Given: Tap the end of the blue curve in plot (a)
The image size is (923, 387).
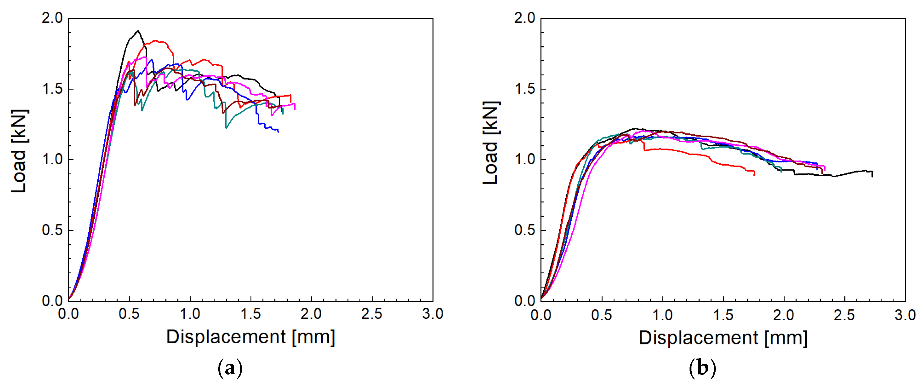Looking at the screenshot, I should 278,132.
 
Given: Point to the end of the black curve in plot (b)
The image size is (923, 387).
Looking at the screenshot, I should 872,175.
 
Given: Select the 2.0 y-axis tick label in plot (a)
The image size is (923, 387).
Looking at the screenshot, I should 52,18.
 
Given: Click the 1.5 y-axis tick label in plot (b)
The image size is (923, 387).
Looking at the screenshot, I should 525,89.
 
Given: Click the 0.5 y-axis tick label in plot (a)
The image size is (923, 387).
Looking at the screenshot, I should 52,230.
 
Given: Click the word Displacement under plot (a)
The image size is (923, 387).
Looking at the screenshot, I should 226,337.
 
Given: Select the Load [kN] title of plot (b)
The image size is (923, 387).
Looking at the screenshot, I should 491,143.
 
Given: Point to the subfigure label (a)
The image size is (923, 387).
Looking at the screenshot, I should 230,368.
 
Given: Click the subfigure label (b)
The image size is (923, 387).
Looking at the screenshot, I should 702,368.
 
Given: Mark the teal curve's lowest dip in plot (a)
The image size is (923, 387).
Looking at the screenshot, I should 226,127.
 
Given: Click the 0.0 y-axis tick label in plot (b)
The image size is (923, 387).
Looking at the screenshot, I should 525,301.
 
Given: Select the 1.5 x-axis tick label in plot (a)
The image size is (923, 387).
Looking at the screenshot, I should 251,314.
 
